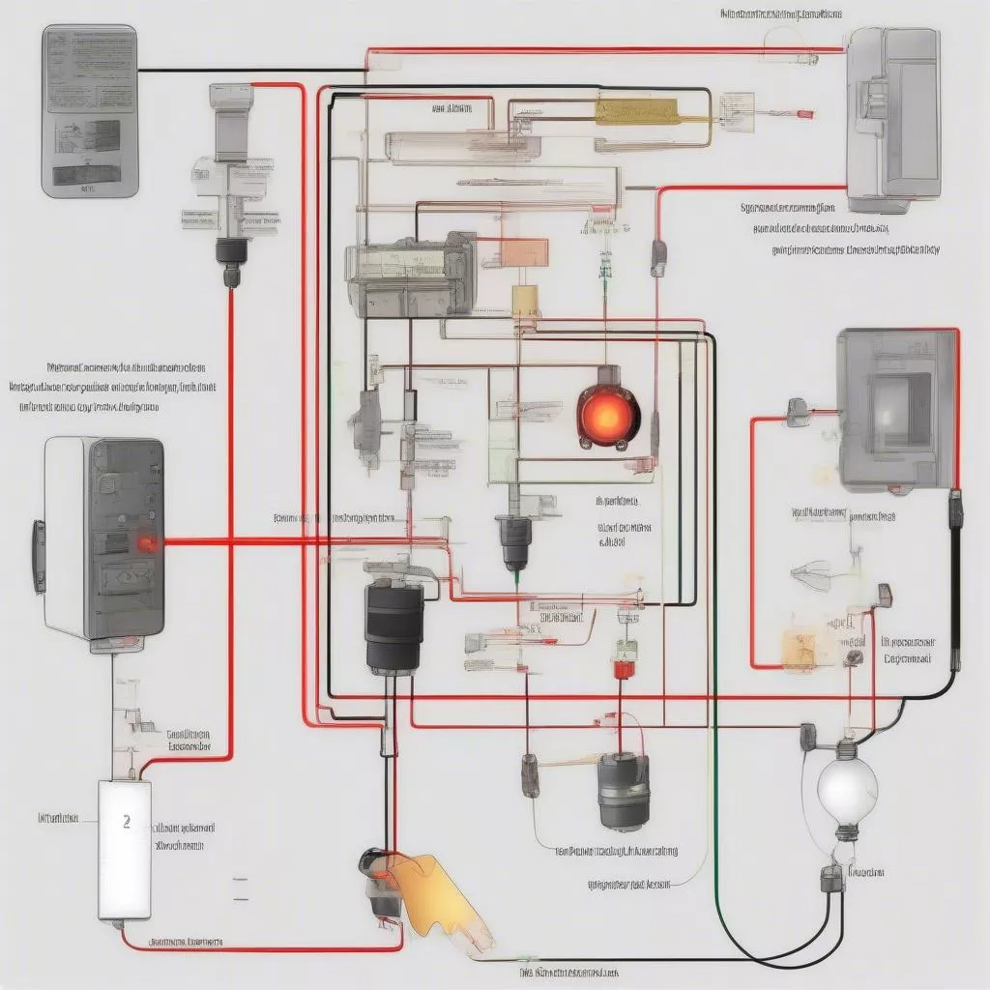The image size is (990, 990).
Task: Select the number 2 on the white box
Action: pos(127,822)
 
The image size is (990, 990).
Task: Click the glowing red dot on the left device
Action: pos(147,544)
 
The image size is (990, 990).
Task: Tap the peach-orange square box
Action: pos(526,253)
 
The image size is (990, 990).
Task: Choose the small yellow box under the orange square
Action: pos(526,301)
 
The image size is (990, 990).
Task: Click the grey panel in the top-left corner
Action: pos(90,111)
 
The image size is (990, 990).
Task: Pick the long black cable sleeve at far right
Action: pos(956,580)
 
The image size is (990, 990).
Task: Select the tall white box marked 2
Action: pos(125,849)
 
